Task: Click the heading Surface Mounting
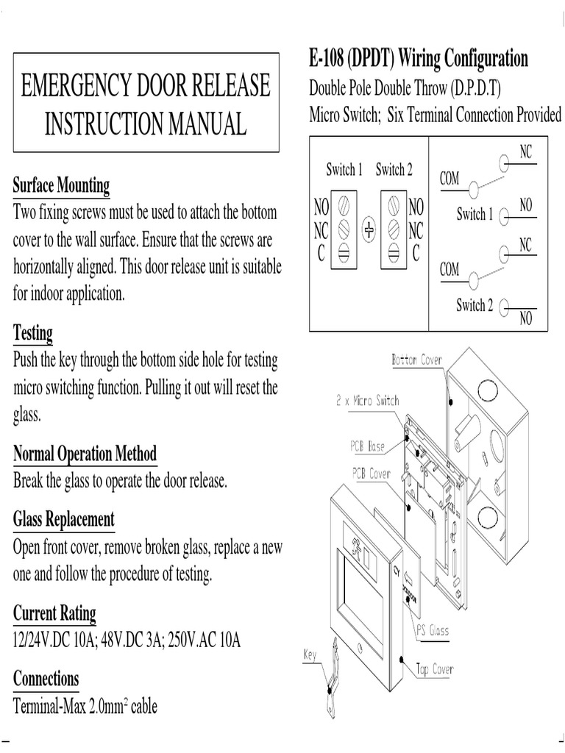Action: click(61, 185)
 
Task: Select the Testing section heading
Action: click(33, 332)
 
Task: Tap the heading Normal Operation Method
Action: click(85, 453)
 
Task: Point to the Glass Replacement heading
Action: click(64, 520)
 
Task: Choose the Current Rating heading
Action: click(54, 612)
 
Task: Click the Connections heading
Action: click(46, 678)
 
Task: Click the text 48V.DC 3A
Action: click(135, 640)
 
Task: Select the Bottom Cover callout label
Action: click(417, 360)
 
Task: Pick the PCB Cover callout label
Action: click(372, 474)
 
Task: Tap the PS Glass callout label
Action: click(433, 630)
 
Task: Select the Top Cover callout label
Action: click(435, 668)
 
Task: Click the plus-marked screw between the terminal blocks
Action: click(369, 230)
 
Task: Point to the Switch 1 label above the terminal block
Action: click(344, 171)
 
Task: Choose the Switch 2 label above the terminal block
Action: click(394, 171)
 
